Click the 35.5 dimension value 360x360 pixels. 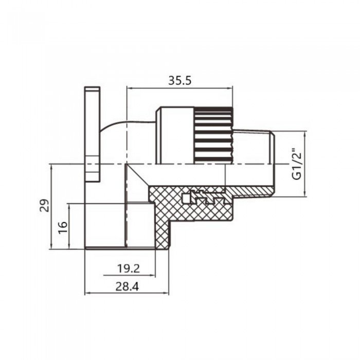(x=180, y=81)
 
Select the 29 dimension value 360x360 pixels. (x=45, y=206)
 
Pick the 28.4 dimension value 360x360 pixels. (x=127, y=286)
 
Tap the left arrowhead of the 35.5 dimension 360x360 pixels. (x=129, y=88)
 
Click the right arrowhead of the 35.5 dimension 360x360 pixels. (x=233, y=88)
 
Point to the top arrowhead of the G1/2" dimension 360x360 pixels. (x=306, y=134)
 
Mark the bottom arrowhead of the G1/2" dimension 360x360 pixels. (x=306, y=194)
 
